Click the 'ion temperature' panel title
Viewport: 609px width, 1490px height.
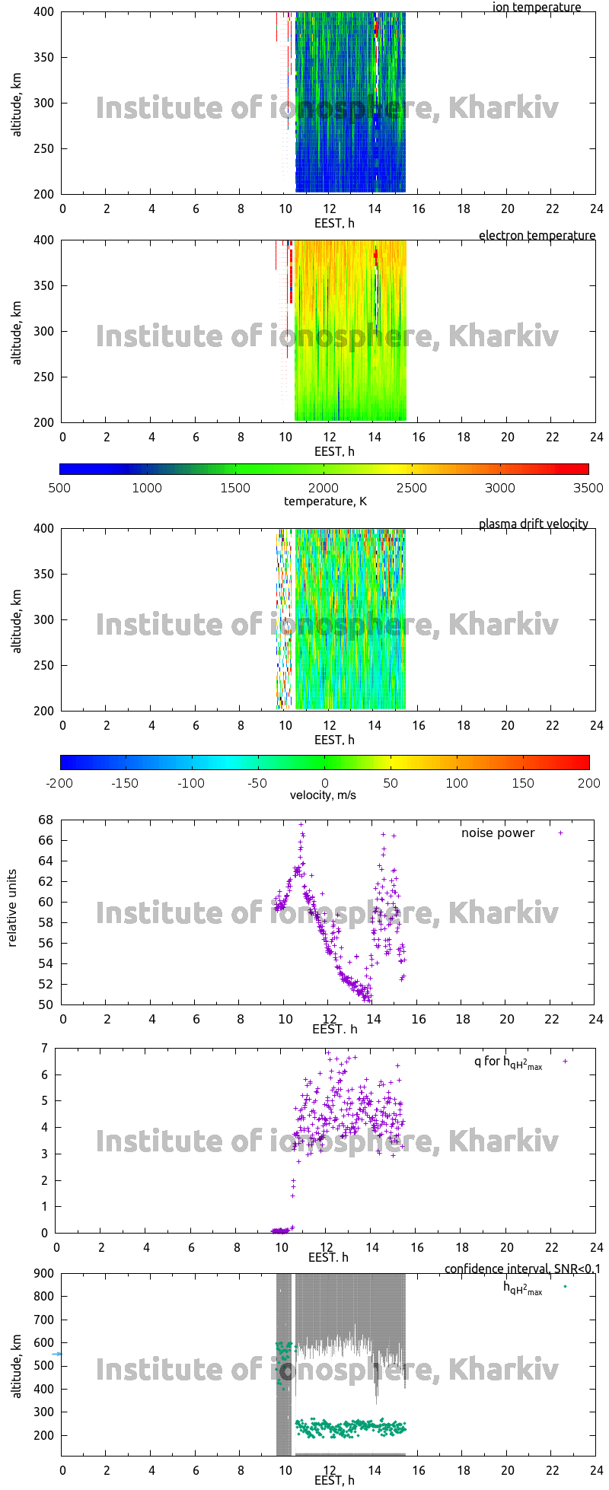(536, 8)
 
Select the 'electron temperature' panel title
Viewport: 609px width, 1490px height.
(537, 235)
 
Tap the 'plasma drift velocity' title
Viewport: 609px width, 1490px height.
(533, 524)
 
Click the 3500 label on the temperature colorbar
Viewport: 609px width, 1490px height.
(588, 488)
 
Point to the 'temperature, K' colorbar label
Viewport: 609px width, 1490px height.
(325, 501)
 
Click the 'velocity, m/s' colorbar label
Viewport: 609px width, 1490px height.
(323, 795)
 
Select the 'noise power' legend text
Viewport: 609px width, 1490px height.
(498, 833)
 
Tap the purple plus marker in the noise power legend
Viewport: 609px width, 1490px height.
(561, 833)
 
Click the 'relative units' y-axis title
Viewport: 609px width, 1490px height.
(12, 912)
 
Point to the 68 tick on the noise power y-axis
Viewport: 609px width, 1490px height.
(46, 820)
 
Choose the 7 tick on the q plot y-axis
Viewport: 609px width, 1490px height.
(45, 1048)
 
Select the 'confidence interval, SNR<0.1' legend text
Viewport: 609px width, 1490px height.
(522, 1269)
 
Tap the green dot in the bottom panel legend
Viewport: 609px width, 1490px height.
(565, 1286)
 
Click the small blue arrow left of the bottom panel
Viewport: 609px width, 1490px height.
(56, 1354)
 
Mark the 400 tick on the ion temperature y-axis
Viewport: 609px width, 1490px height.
(43, 12)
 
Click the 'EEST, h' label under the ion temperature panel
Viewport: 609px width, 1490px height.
(334, 223)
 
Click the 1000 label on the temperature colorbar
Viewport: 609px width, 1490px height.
(147, 488)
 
